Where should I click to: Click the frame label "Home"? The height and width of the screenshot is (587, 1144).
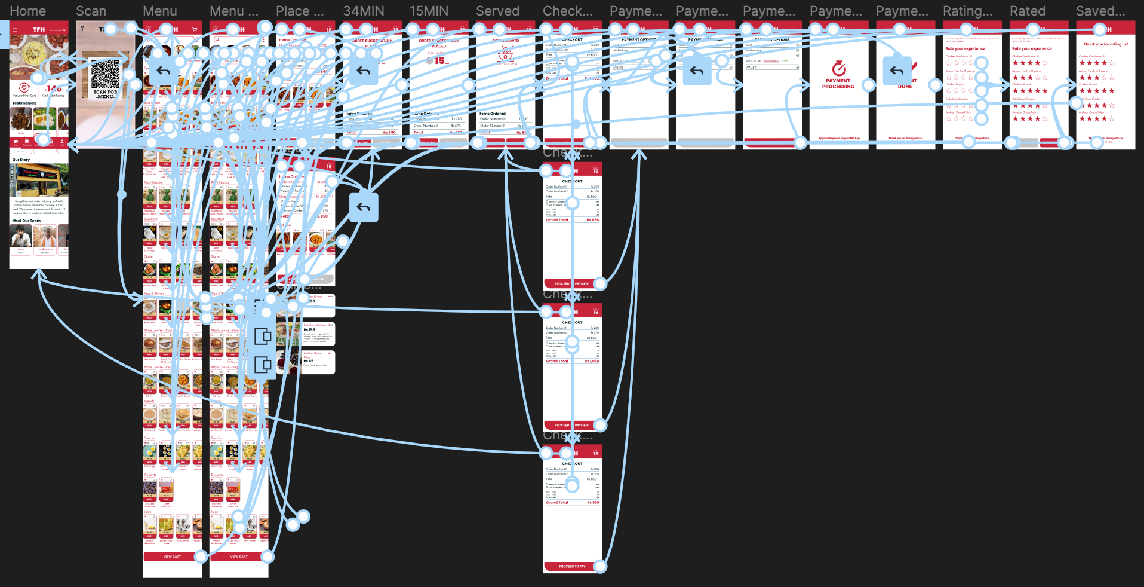(x=27, y=11)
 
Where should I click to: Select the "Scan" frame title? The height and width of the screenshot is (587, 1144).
(x=91, y=11)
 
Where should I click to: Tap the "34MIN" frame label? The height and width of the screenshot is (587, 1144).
(x=363, y=11)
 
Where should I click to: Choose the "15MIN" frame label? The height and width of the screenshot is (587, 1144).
(x=428, y=11)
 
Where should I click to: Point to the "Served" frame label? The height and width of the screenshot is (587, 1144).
(x=497, y=11)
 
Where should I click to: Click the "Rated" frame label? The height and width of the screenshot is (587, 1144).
(x=1027, y=11)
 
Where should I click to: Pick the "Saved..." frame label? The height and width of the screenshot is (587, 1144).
(x=1100, y=11)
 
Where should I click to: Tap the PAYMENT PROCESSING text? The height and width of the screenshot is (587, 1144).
(x=838, y=84)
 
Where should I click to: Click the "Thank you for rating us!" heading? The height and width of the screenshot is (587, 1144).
(x=1105, y=44)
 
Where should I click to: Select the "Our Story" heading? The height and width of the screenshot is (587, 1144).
(x=21, y=160)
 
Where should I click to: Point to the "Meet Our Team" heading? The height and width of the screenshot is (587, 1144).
(x=26, y=221)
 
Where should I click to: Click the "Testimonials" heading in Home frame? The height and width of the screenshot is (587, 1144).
(x=24, y=103)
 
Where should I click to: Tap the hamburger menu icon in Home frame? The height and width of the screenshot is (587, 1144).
(x=15, y=29)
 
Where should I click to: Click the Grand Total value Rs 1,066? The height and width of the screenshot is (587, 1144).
(x=591, y=361)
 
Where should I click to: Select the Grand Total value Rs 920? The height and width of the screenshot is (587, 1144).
(x=592, y=502)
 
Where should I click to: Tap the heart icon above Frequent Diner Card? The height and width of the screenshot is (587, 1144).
(x=24, y=88)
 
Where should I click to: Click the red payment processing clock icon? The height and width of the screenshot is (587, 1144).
(x=838, y=68)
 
